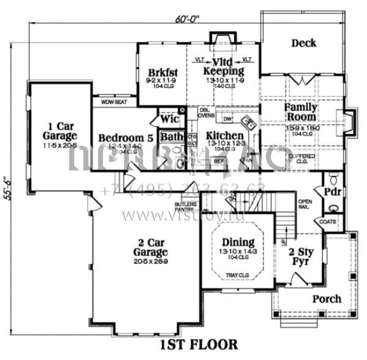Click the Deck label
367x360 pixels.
coord(303,43)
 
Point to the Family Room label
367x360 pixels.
coord(300,112)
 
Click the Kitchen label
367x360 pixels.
coord(224,135)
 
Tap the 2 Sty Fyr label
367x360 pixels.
coord(300,257)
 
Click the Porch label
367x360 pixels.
coord(327,299)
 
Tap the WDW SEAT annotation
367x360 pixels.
coord(114,102)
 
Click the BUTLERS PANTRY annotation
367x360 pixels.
coord(185,207)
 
